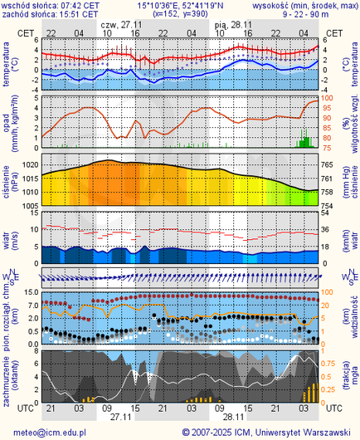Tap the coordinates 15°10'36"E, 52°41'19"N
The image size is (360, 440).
click(x=179, y=5)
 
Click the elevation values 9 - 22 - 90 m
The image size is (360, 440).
click(x=307, y=14)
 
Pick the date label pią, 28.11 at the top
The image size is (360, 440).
click(x=232, y=25)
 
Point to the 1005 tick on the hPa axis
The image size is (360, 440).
click(x=28, y=204)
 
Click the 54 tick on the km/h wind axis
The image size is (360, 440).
click(x=327, y=214)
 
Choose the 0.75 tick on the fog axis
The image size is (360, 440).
click(x=330, y=364)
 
